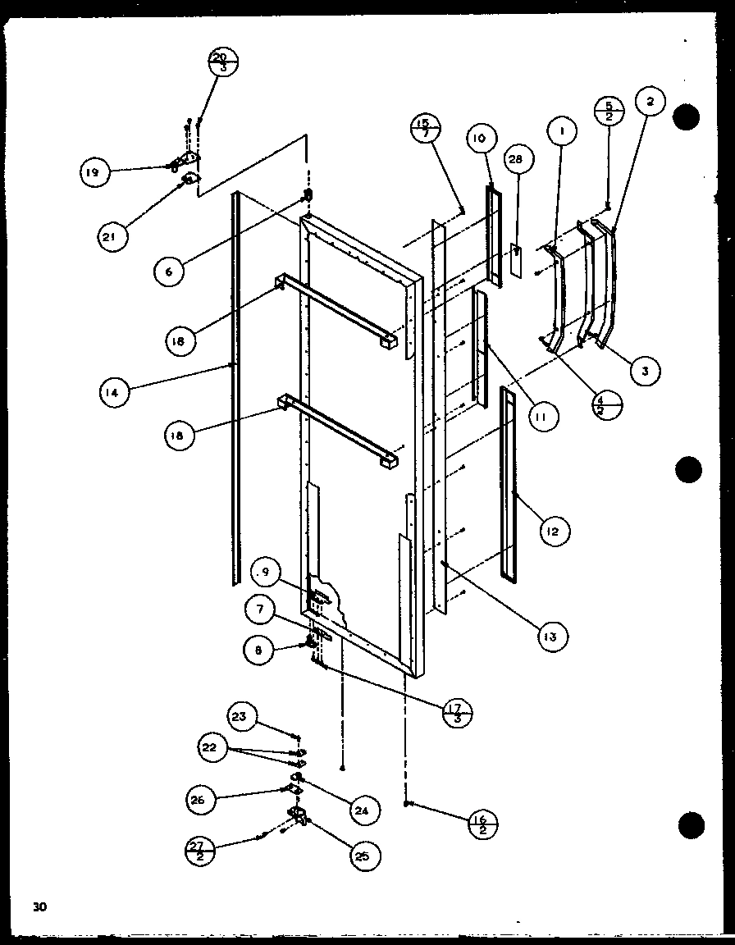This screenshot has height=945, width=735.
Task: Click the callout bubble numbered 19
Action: [94, 172]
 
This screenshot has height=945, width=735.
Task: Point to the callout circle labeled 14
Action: [115, 393]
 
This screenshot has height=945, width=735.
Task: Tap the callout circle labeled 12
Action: [555, 532]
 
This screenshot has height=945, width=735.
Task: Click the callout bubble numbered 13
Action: [554, 635]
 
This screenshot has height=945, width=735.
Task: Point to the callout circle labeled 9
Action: [264, 572]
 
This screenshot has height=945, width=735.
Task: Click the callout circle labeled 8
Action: [258, 649]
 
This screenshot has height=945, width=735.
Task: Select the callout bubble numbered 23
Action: [239, 716]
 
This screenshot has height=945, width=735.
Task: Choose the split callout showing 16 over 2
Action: [482, 820]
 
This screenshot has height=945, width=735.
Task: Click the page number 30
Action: [39, 906]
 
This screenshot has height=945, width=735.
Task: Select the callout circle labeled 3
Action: [646, 371]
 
